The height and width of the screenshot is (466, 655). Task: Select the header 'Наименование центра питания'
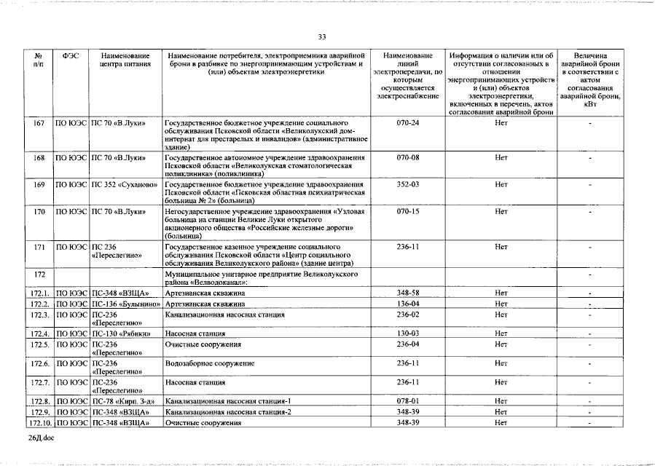tap(125, 60)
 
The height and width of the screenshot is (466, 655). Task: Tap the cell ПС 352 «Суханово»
tap(125, 184)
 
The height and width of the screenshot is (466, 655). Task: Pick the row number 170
tap(39, 211)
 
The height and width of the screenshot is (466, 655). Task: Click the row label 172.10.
tap(39, 422)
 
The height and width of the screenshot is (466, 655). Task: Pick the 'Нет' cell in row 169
tap(501, 184)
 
